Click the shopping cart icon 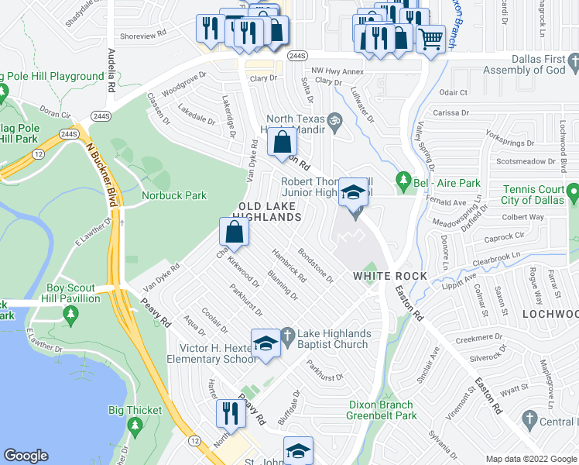pyautogui.click(x=430, y=38)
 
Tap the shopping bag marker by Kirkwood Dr pyautogui.click(x=234, y=232)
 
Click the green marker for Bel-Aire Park pyautogui.click(x=403, y=183)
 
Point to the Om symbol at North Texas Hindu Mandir pyautogui.click(x=334, y=120)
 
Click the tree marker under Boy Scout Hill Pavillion pyautogui.click(x=71, y=314)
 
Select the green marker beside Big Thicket pyautogui.click(x=135, y=425)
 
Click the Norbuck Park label pyautogui.click(x=174, y=195)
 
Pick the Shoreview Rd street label pyautogui.click(x=144, y=35)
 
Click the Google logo pyautogui.click(x=26, y=456)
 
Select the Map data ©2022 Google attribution pyautogui.click(x=530, y=459)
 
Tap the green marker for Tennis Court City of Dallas pyautogui.click(x=572, y=191)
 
